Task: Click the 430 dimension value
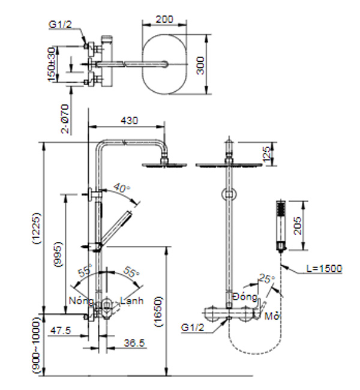coord(129,121)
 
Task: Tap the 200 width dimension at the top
coord(164,19)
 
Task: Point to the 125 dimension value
coord(267,154)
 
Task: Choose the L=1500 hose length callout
coord(323,269)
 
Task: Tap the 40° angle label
coord(121,189)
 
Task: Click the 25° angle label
coord(266,279)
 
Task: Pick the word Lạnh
coord(131,301)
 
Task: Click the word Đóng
coord(245,297)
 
